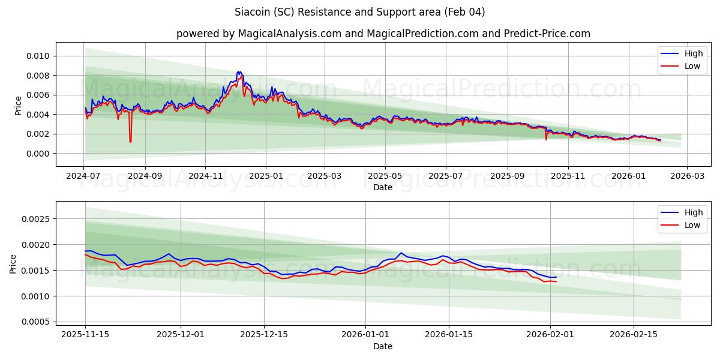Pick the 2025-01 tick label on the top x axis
(265, 176)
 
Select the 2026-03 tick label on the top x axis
(687, 176)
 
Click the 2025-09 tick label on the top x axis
(508, 176)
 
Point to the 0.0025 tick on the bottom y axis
(37, 219)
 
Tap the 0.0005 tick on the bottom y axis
(37, 322)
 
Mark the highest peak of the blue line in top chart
(238, 71)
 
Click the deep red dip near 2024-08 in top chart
(130, 142)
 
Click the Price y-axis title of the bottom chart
(13, 264)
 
